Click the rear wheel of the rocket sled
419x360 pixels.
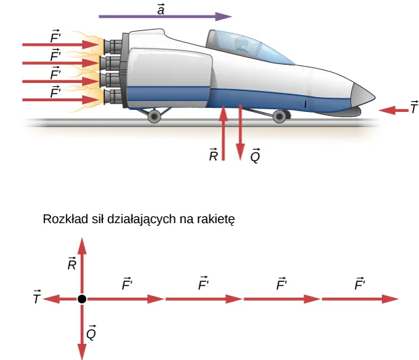pos(154,117)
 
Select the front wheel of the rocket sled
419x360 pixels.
pos(280,117)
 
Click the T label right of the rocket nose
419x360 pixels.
pos(414,107)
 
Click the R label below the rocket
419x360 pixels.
pos(213,156)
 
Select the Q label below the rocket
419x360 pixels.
pos(255,156)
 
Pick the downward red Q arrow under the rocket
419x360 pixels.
pos(240,131)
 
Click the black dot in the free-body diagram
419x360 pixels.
pos(82,299)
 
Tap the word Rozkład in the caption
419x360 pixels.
pos(62,219)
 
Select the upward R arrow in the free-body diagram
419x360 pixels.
pos(82,266)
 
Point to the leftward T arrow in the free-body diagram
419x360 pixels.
pos(61,299)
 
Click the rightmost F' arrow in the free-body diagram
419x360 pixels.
pos(361,299)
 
